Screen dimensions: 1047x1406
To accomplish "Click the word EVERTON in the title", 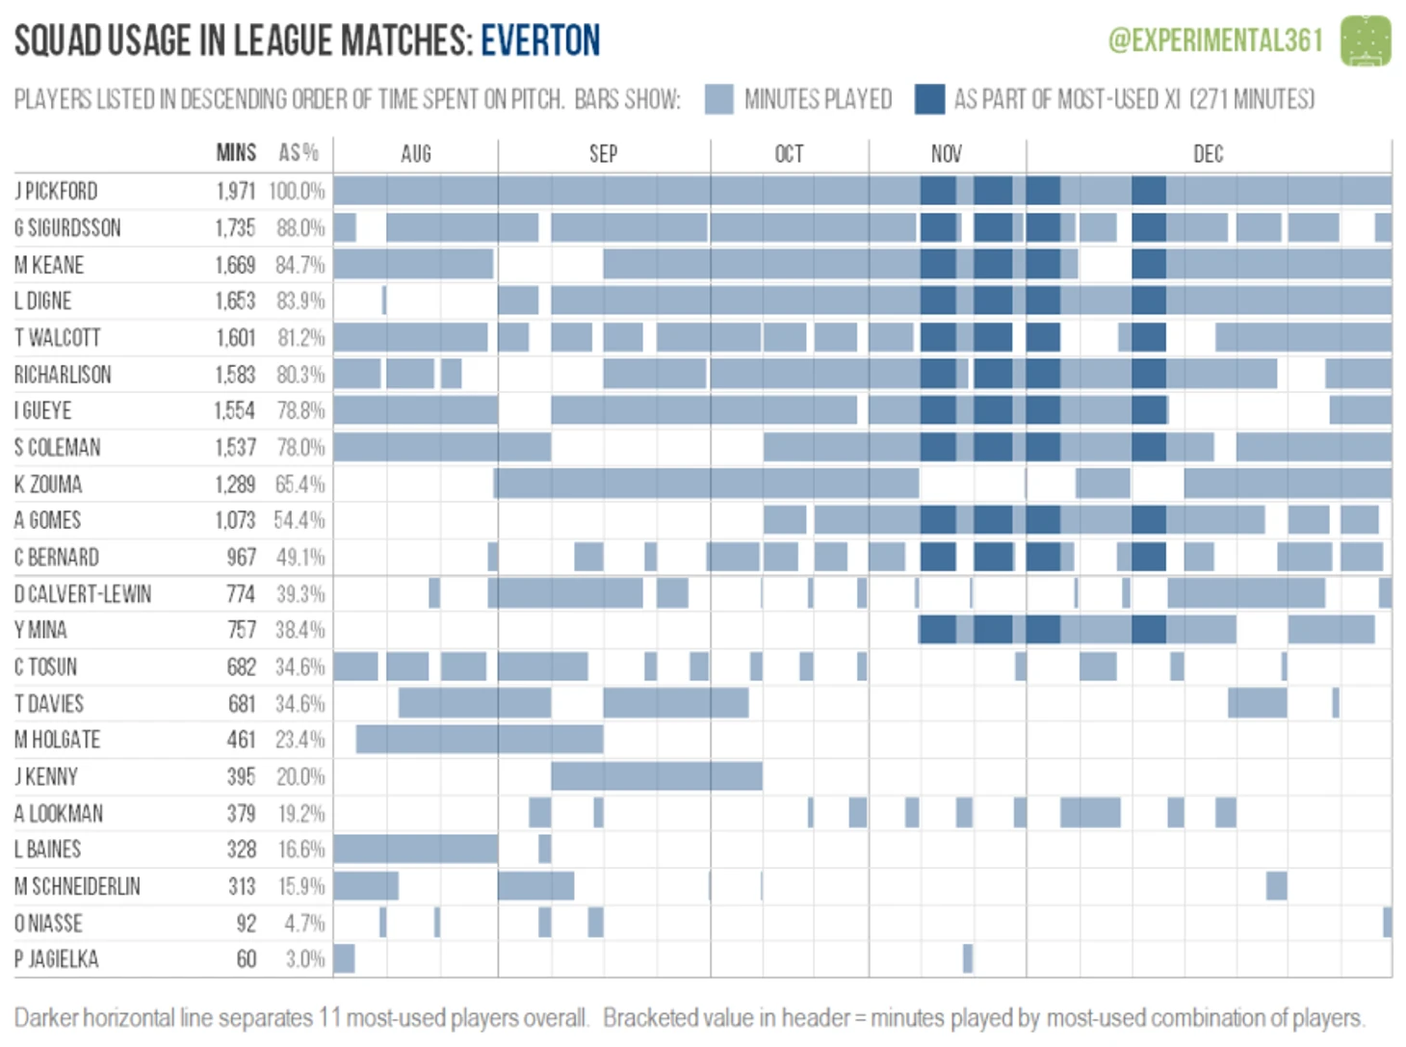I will [540, 40].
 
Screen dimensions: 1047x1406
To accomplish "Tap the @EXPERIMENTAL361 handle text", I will [1215, 40].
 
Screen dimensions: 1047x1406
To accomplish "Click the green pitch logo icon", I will [1366, 40].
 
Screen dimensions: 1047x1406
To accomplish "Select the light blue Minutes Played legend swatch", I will [719, 99].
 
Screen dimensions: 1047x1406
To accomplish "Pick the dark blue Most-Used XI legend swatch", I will [929, 99].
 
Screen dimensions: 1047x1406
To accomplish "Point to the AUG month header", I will [416, 154].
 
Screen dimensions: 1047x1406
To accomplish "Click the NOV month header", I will [947, 154].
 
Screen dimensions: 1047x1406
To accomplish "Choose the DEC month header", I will [1208, 154].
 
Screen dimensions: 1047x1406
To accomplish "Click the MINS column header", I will [236, 153].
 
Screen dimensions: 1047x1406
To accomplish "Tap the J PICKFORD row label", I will [56, 191].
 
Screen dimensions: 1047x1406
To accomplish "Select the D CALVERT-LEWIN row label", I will [83, 594].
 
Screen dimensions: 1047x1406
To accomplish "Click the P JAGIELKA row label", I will [57, 959].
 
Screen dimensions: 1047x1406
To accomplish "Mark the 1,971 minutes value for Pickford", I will [236, 191].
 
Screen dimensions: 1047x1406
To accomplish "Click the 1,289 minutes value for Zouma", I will [236, 484].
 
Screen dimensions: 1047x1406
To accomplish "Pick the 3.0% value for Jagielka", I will [305, 959].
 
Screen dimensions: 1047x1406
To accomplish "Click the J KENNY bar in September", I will [656, 776].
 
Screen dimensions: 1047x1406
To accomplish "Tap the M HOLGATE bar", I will [479, 740].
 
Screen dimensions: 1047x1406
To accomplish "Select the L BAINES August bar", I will [415, 850].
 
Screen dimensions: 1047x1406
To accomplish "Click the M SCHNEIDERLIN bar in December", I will [1276, 886].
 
